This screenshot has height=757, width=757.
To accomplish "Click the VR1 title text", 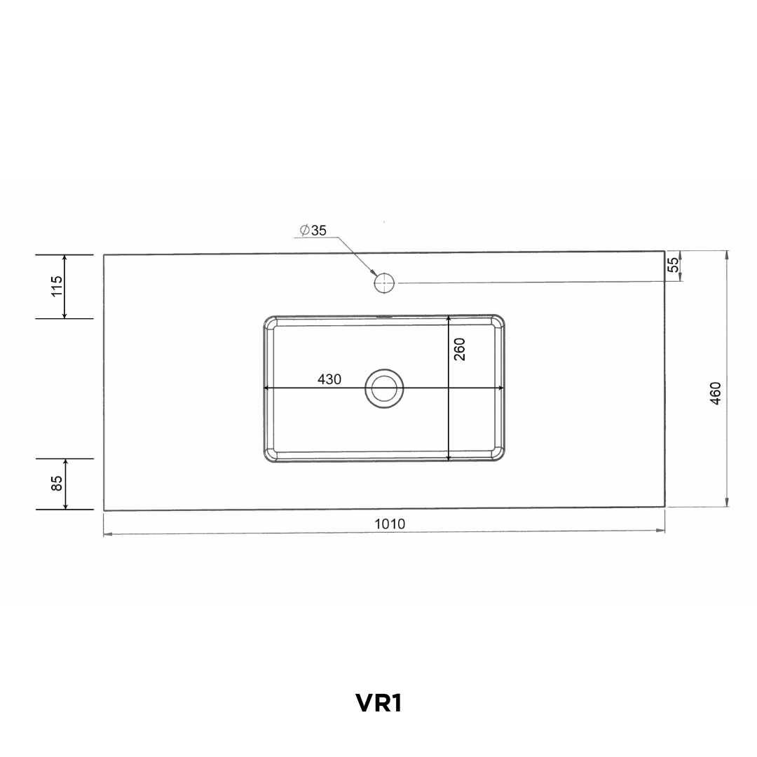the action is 379,704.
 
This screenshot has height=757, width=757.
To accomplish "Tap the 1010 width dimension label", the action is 390,524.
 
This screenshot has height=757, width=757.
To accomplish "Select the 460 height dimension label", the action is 716,393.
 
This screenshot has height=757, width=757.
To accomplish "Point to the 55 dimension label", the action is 673,264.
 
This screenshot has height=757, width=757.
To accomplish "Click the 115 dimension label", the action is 57,286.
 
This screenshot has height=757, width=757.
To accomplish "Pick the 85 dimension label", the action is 57,483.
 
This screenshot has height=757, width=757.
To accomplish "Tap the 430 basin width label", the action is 329,379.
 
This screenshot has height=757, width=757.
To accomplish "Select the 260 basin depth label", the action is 460,349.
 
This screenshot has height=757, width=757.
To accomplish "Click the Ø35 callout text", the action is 313,231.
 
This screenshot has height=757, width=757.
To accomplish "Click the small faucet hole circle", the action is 384,283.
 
